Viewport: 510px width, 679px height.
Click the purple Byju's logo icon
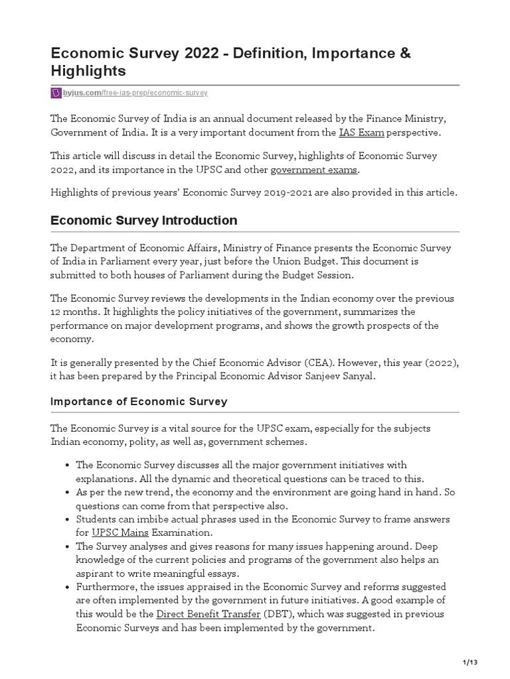click(56, 93)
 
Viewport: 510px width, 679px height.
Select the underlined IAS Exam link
click(361, 133)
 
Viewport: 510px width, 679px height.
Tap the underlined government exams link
click(314, 170)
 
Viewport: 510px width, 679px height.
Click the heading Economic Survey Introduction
click(143, 220)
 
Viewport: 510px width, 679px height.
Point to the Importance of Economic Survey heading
click(139, 401)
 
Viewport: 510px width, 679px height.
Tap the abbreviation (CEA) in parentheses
click(323, 363)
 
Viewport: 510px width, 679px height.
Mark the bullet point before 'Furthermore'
click(68, 587)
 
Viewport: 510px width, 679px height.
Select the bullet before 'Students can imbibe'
click(68, 519)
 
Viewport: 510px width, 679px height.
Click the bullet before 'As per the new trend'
click(68, 492)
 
